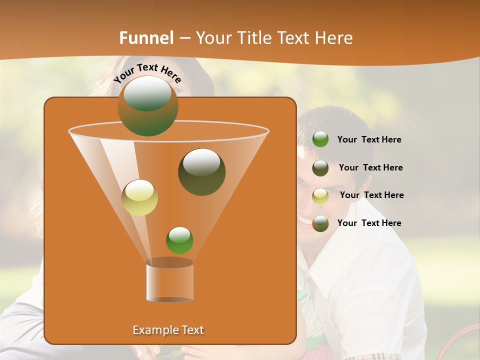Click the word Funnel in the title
click(146, 38)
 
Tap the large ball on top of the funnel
click(147, 106)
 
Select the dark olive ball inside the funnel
click(201, 172)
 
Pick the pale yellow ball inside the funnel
click(139, 197)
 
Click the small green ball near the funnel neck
click(179, 240)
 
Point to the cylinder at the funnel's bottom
click(169, 281)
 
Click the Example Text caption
click(168, 330)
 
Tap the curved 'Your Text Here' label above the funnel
click(147, 72)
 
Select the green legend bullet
click(320, 139)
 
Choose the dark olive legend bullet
click(320, 168)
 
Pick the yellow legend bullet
click(320, 196)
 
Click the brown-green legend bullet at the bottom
click(320, 223)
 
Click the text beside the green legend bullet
click(369, 140)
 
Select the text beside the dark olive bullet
click(370, 168)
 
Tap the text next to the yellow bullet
click(371, 195)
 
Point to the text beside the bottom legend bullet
click(369, 223)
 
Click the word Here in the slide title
click(334, 38)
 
